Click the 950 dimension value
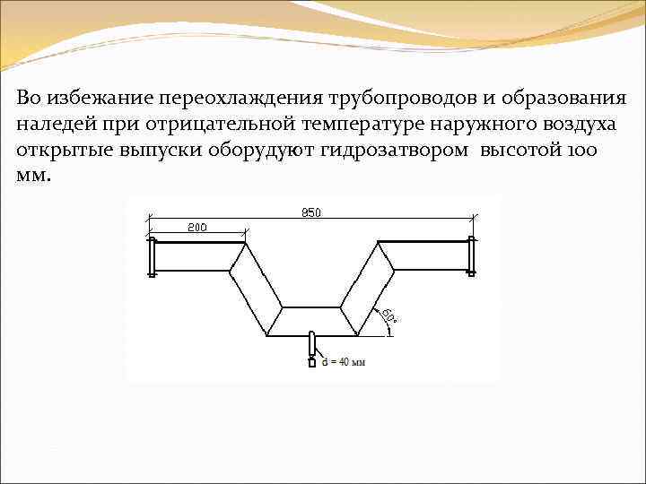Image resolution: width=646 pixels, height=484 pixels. (311, 213)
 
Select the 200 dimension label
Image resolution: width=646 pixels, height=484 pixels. (196, 228)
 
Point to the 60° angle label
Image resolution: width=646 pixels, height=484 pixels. (389, 316)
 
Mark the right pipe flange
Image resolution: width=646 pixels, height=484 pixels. (471, 254)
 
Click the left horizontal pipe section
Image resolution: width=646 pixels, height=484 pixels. (197, 256)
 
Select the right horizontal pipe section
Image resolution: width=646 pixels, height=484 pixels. (426, 254)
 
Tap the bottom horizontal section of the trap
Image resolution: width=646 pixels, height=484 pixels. (311, 321)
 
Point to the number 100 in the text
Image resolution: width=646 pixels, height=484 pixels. (583, 149)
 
